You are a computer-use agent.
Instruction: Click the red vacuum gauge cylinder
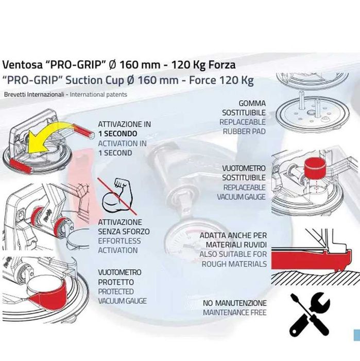[315, 168]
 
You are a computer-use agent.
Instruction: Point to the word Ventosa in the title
[22, 64]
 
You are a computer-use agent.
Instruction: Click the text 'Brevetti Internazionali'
[34, 94]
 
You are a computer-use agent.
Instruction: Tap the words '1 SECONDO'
[117, 134]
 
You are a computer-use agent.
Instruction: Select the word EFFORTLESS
[119, 241]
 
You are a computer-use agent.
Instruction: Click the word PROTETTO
[116, 282]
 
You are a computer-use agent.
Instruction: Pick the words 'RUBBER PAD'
[244, 131]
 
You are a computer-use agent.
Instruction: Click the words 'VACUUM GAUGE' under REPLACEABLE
[242, 197]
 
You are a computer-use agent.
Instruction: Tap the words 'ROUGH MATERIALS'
[234, 264]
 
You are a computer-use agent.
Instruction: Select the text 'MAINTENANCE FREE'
[235, 313]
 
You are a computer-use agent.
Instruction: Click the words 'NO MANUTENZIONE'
[235, 303]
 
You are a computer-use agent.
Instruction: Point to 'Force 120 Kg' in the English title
[221, 80]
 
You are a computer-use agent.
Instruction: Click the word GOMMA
[252, 103]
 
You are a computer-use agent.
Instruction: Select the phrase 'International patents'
[98, 94]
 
